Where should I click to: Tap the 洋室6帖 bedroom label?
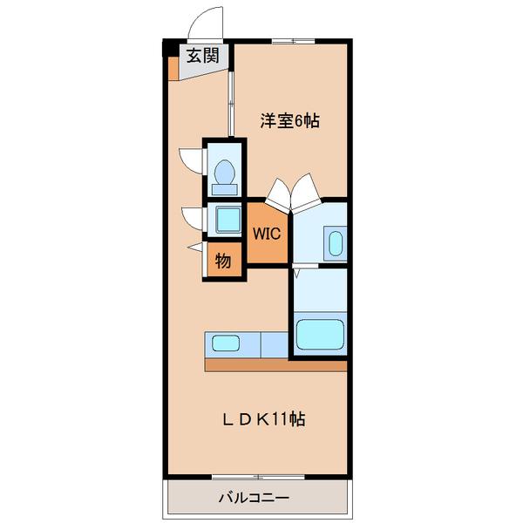(289, 121)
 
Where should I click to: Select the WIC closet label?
(265, 234)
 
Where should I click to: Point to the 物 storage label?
(223, 261)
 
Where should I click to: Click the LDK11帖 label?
(261, 418)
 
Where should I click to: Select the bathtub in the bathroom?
(321, 335)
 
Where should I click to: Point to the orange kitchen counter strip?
(275, 365)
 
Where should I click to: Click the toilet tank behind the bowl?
(224, 188)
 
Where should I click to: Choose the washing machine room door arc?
(189, 216)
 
